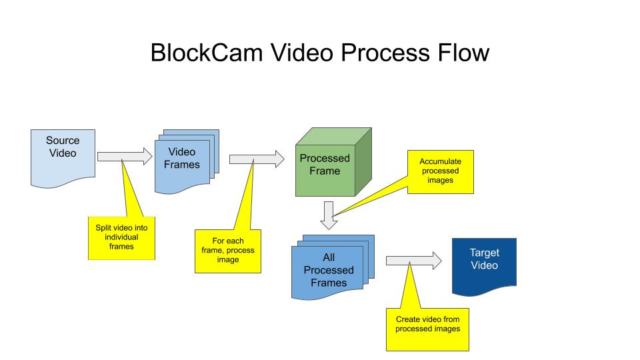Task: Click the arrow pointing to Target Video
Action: click(x=413, y=261)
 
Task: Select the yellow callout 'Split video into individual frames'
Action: click(x=121, y=237)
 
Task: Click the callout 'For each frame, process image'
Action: click(x=228, y=251)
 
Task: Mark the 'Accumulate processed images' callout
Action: click(x=440, y=171)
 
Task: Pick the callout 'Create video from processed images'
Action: click(x=427, y=329)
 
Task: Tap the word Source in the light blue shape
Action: click(x=63, y=141)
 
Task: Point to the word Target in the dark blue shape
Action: click(x=484, y=253)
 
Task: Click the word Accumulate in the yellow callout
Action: click(x=440, y=161)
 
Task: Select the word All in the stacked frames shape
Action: click(x=329, y=257)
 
